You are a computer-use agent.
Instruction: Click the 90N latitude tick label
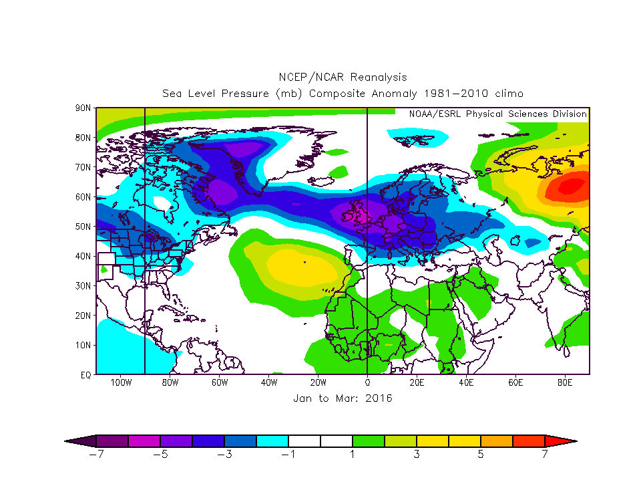(83, 108)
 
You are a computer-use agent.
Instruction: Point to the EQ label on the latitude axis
(85, 375)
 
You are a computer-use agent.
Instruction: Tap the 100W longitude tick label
(120, 383)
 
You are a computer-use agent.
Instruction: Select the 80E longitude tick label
(566, 383)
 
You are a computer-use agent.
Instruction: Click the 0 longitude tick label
(367, 383)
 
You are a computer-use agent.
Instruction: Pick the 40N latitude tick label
(83, 256)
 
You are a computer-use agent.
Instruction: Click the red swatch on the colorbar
(529, 441)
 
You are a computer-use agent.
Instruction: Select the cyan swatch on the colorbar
(272, 441)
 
